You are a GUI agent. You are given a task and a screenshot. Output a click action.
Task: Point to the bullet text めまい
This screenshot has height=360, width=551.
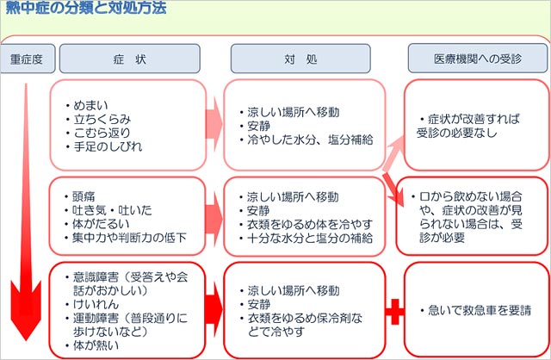click(92, 106)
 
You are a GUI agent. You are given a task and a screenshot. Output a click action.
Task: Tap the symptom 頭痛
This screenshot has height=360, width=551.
click(86, 196)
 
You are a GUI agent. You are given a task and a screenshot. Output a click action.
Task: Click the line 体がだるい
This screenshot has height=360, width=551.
click(104, 223)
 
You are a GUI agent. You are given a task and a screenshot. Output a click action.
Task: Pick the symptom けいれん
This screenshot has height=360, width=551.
click(98, 304)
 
